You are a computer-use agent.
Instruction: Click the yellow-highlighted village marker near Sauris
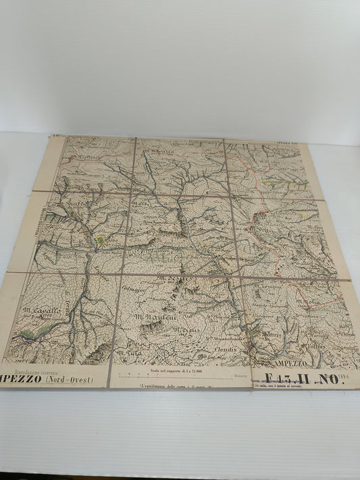point(101,240)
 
